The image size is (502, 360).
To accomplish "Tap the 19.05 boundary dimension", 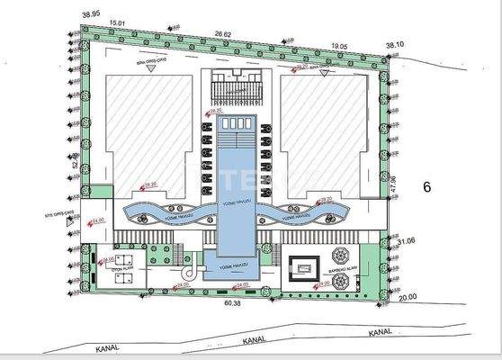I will [x=338, y=44].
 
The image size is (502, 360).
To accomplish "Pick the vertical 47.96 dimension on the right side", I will [x=392, y=185].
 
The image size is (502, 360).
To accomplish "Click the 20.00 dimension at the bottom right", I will [x=409, y=297].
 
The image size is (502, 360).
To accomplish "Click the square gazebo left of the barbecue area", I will [x=302, y=266].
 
